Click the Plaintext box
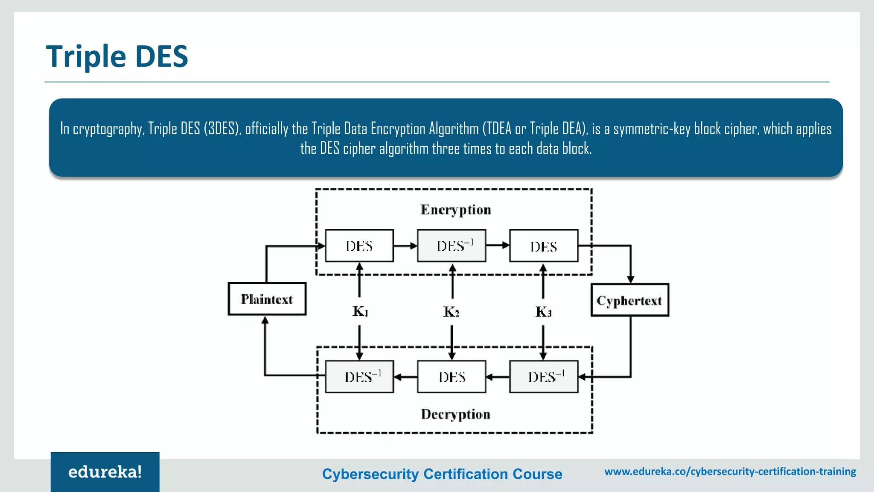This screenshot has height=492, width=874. click(267, 299)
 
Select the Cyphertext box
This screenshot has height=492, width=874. click(629, 300)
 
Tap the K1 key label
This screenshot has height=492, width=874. click(360, 311)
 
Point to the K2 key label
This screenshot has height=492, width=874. click(452, 312)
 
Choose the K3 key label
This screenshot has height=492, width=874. click(543, 312)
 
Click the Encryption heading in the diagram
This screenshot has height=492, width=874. click(455, 210)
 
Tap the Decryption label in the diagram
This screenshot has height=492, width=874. click(455, 414)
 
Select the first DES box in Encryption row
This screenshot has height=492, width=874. click(359, 246)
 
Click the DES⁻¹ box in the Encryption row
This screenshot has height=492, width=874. click(452, 246)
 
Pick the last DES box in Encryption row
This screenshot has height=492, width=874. click(544, 246)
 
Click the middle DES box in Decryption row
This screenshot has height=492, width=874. click(452, 377)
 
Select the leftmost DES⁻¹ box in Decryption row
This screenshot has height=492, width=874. click(359, 377)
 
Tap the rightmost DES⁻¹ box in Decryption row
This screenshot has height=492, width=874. click(544, 377)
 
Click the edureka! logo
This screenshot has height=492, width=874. click(105, 472)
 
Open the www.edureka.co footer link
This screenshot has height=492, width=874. click(730, 471)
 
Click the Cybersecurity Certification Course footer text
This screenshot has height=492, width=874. click(442, 474)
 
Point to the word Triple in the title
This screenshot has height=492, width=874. click(86, 56)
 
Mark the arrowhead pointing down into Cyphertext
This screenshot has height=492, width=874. click(631, 279)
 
